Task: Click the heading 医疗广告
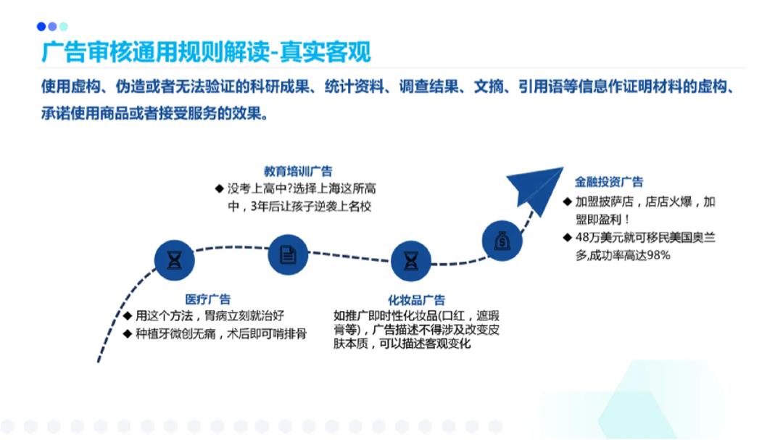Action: pyautogui.click(x=208, y=299)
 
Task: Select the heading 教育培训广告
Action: pyautogui.click(x=298, y=171)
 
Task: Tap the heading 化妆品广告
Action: pyautogui.click(x=416, y=300)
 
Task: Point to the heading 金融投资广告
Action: pyautogui.click(x=609, y=182)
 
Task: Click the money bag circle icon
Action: pyautogui.click(x=502, y=241)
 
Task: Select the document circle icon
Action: pyautogui.click(x=288, y=254)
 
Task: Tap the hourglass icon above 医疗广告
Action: pyautogui.click(x=174, y=260)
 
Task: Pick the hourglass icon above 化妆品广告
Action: pyautogui.click(x=410, y=261)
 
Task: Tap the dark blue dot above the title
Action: pyautogui.click(x=41, y=27)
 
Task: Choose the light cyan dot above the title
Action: pyautogui.click(x=63, y=27)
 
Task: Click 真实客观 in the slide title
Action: pyautogui.click(x=325, y=52)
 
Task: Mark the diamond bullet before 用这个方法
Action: pyautogui.click(x=128, y=315)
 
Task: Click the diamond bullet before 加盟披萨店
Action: pyautogui.click(x=567, y=202)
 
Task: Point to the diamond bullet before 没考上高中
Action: pyautogui.click(x=219, y=188)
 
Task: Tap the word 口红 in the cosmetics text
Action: pyautogui.click(x=453, y=315)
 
